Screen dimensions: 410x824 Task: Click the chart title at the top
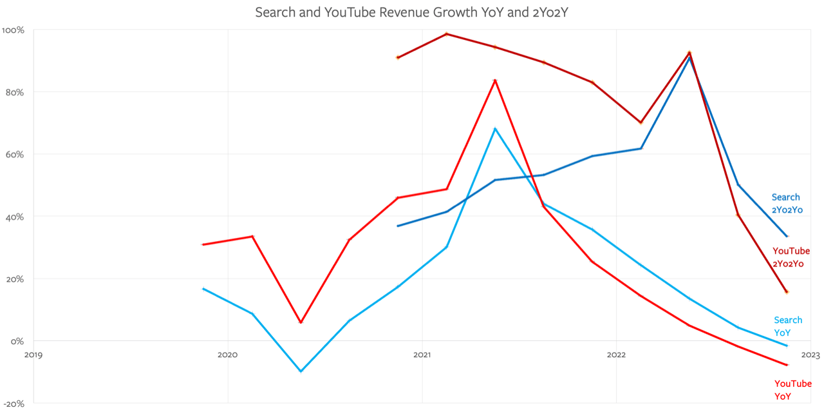[411, 12]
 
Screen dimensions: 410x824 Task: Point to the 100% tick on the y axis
[14, 30]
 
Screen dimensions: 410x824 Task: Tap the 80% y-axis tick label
[14, 92]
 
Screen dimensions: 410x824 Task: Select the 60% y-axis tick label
[14, 155]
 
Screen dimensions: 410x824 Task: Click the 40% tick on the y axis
[14, 217]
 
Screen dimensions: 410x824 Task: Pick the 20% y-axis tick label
[14, 279]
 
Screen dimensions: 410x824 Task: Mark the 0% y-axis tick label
[16, 341]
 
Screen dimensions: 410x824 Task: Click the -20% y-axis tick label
[14, 404]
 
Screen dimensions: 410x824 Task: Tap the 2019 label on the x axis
[33, 354]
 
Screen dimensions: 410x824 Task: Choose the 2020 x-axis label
[227, 354]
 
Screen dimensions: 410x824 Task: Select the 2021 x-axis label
[422, 354]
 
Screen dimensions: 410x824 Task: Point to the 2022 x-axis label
[616, 354]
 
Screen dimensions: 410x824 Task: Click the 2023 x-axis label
[810, 354]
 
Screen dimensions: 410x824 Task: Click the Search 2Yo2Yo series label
[787, 203]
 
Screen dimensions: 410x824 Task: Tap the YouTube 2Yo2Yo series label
[791, 257]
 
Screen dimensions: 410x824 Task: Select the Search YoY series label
[787, 326]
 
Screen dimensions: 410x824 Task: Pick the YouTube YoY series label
[792, 390]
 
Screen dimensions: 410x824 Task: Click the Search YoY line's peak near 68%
[495, 128]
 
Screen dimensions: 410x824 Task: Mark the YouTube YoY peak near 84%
[495, 80]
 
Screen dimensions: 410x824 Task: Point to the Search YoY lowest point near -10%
[301, 371]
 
